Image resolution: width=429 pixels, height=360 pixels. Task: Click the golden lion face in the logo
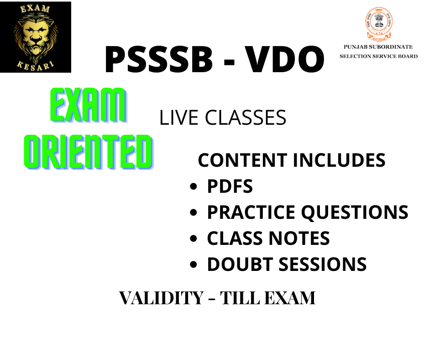click(x=35, y=35)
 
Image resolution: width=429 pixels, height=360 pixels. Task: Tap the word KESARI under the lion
click(x=35, y=66)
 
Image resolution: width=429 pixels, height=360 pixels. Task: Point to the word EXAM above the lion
click(x=35, y=9)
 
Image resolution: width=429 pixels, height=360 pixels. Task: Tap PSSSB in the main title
click(x=159, y=59)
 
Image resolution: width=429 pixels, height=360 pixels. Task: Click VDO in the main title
click(x=284, y=59)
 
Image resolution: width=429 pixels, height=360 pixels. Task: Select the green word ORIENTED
click(x=89, y=152)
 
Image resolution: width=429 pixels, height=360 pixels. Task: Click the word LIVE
click(x=178, y=118)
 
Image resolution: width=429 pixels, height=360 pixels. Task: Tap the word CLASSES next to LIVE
click(x=246, y=118)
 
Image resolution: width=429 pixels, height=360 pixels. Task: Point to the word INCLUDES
click(x=339, y=160)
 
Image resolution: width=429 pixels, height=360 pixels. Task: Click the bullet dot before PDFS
click(x=194, y=186)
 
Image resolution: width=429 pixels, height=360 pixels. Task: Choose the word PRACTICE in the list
click(x=251, y=212)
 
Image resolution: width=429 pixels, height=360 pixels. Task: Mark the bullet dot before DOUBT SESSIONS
click(x=194, y=265)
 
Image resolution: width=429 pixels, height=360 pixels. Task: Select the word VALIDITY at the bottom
click(x=162, y=298)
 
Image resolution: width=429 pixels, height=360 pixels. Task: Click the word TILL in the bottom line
click(x=240, y=298)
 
